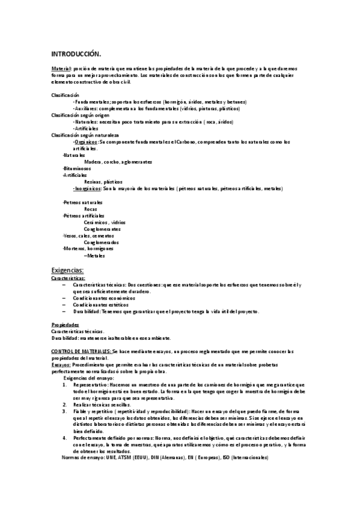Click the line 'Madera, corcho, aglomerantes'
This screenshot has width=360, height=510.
[x=118, y=162]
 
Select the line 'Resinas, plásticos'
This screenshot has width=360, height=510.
[x=103, y=182]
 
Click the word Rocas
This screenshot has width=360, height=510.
[x=91, y=209]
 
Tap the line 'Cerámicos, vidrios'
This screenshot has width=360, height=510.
[x=105, y=222]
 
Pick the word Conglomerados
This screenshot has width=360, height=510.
[x=102, y=242]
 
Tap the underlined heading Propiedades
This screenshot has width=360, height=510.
[x=66, y=325]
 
